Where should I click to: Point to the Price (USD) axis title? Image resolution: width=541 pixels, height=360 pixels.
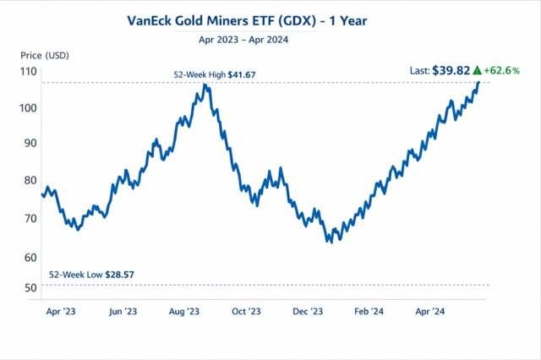44,55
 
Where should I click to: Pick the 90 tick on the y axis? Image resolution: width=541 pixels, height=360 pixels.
30,143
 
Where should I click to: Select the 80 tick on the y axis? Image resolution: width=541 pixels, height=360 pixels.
30,179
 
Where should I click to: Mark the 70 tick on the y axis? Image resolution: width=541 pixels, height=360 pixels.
30,218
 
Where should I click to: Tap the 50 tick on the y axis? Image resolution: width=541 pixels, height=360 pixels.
30,288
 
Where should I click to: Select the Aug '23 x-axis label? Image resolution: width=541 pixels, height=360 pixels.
183,312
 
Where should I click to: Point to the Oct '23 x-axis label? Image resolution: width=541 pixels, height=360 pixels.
245,312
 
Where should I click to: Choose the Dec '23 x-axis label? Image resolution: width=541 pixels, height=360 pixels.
308,312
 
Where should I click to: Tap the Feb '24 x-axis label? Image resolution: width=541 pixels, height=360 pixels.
369,312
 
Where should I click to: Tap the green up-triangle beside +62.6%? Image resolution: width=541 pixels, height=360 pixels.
478,69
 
